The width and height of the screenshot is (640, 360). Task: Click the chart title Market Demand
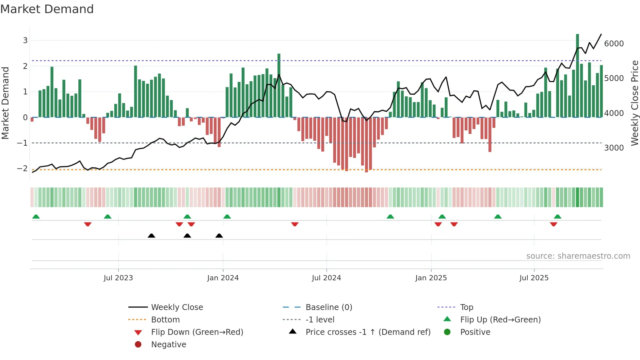tap(47, 9)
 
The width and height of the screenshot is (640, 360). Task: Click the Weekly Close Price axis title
tap(634, 103)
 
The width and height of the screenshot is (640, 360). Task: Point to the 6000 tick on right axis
tap(614, 44)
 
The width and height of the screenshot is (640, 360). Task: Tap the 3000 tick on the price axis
tap(614, 148)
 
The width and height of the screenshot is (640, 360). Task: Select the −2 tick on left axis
tap(23, 169)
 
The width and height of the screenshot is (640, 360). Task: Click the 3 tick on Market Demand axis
tap(25, 41)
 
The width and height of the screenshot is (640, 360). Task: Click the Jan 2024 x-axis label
tap(223, 278)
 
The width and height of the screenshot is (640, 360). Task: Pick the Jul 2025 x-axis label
tap(534, 278)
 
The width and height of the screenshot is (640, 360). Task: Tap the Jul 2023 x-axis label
tap(118, 278)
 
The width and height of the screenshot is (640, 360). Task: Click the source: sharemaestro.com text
tap(578, 256)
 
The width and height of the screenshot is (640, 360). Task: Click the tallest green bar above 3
tap(577, 75)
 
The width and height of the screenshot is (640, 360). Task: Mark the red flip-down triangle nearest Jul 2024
tap(295, 224)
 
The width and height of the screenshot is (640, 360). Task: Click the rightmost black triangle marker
tap(219, 236)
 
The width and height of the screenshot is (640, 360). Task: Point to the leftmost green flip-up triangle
tap(36, 217)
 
